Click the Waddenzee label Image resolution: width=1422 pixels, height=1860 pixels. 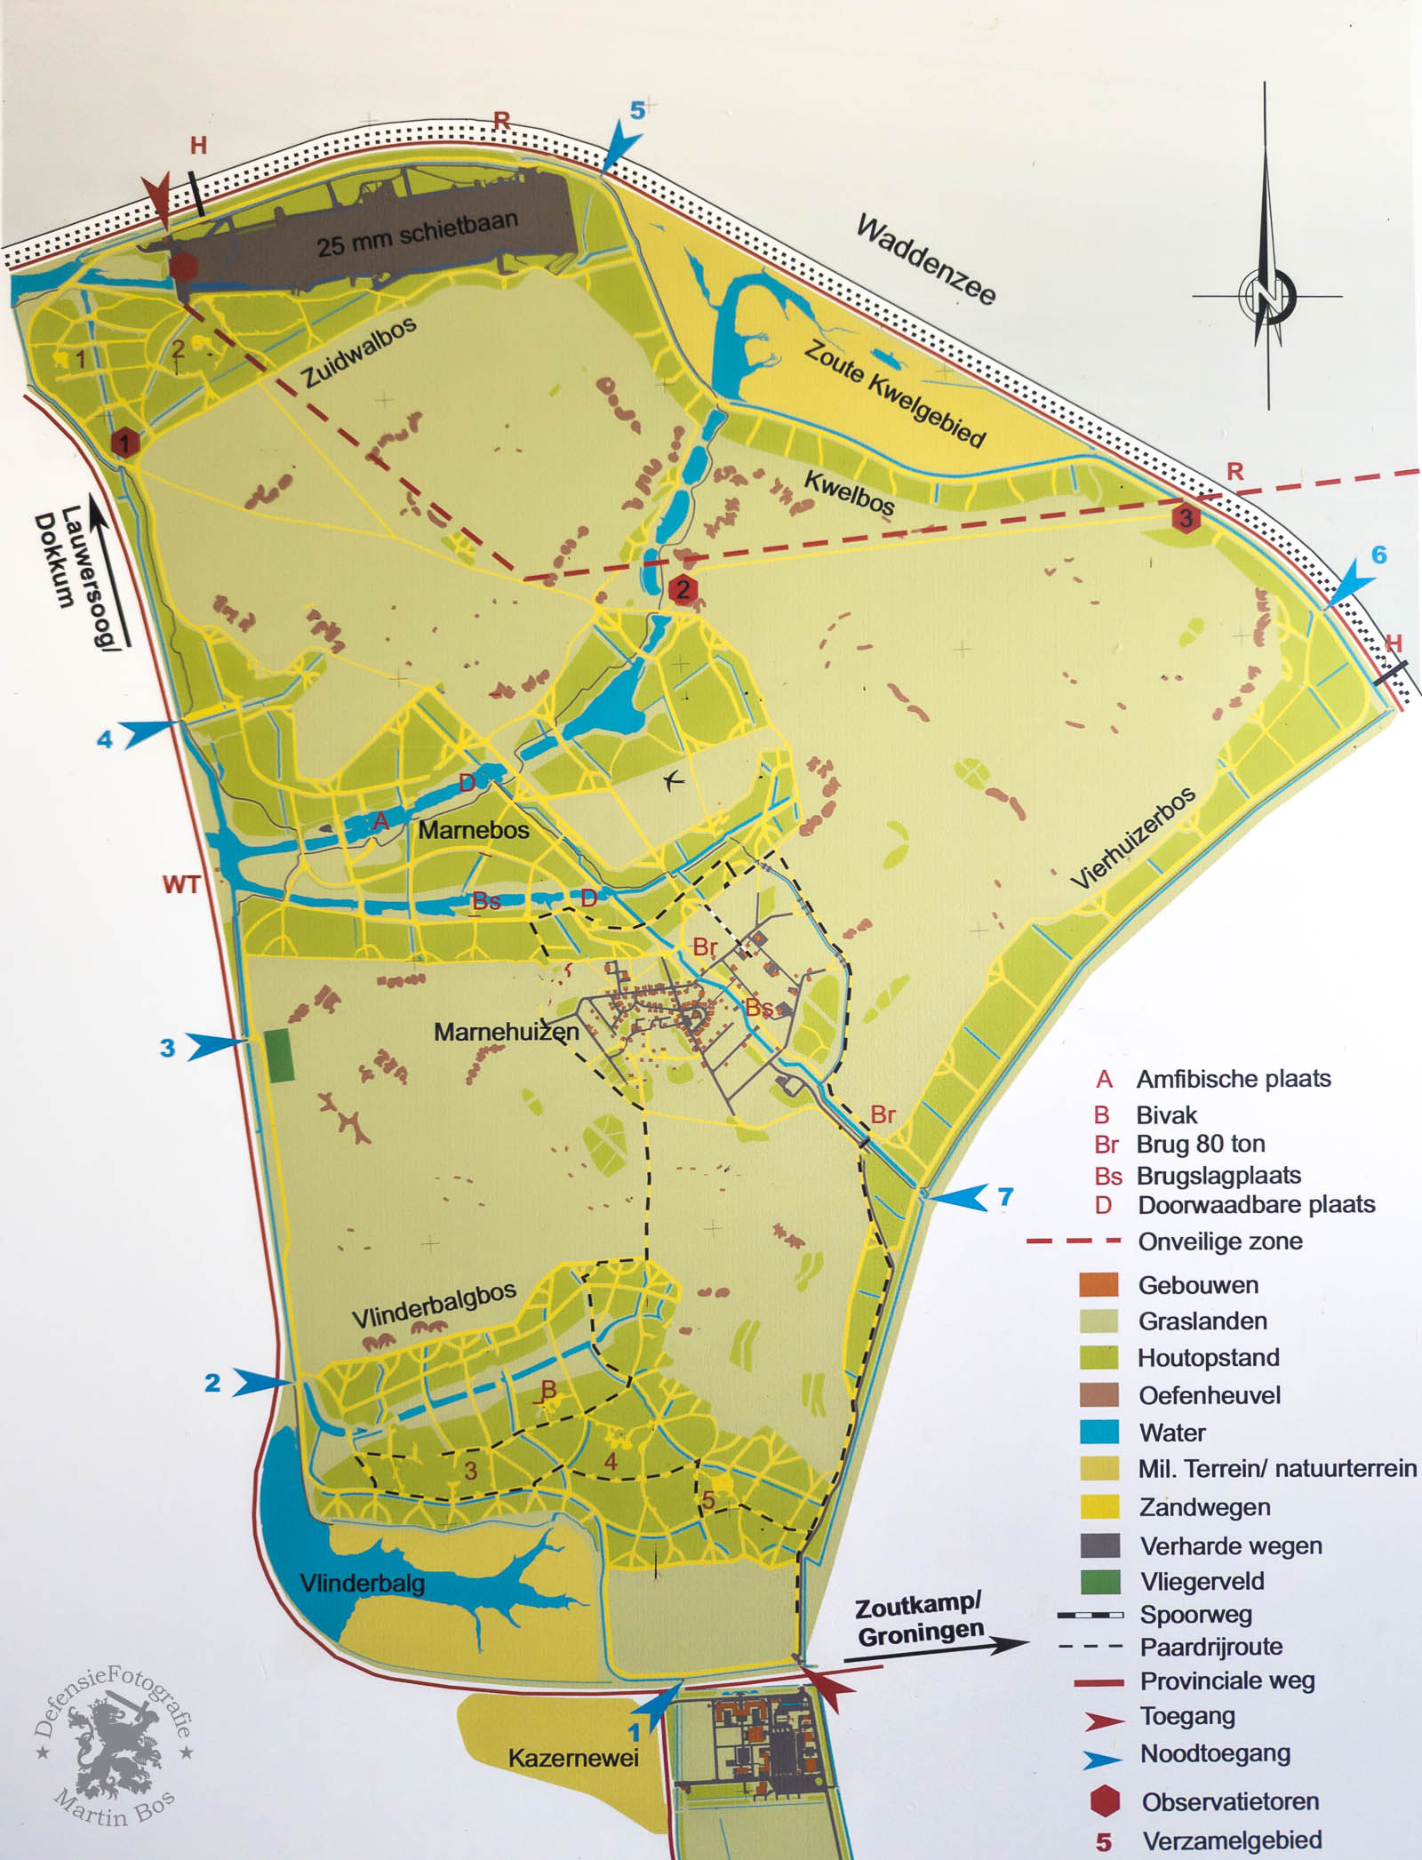[x=925, y=259]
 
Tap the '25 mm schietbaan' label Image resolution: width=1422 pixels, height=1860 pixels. [x=417, y=233]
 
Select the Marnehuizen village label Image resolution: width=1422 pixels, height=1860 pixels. [x=506, y=1032]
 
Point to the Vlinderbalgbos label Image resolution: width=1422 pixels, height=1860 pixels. [x=434, y=1305]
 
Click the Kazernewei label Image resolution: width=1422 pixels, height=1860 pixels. [x=573, y=1757]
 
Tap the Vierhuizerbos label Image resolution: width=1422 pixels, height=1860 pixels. [x=1133, y=838]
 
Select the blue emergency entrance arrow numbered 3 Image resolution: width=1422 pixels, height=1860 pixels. [x=214, y=1046]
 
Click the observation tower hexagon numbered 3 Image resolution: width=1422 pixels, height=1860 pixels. [x=1186, y=517]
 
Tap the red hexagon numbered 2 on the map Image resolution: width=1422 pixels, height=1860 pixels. [x=683, y=588]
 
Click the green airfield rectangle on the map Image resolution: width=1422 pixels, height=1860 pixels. [x=281, y=1055]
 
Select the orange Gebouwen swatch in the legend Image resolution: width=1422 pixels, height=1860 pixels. [x=1099, y=1284]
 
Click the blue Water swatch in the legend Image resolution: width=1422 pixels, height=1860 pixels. [x=1099, y=1432]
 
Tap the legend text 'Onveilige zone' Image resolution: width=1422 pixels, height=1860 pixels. [x=1220, y=1241]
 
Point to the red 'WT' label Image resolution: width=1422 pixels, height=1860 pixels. [x=181, y=884]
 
